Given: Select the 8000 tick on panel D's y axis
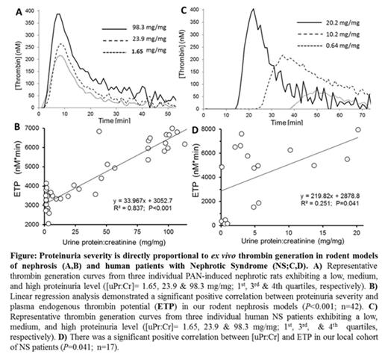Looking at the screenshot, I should coord(225,129).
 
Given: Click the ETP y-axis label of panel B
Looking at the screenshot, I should coord(12,177).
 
